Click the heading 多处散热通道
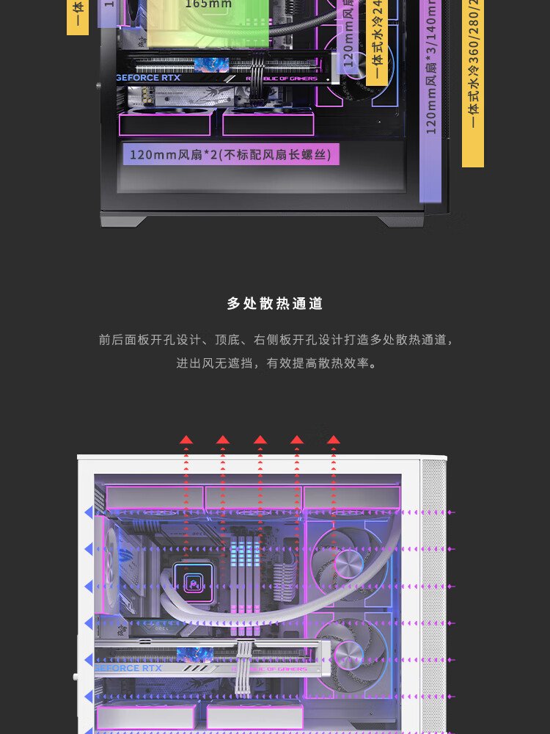[x=275, y=304]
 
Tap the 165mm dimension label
[x=208, y=4]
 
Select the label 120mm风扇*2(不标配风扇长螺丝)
[x=230, y=154]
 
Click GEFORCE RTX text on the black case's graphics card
[x=149, y=78]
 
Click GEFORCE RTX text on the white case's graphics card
[x=129, y=668]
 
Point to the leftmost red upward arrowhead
[x=186, y=440]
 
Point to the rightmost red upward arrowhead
[x=334, y=440]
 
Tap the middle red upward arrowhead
[x=260, y=440]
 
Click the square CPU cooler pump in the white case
[x=195, y=582]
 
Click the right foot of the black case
[x=400, y=220]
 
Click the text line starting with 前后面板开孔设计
[x=275, y=340]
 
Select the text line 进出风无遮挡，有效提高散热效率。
[x=275, y=363]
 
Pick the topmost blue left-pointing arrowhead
[x=89, y=512]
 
